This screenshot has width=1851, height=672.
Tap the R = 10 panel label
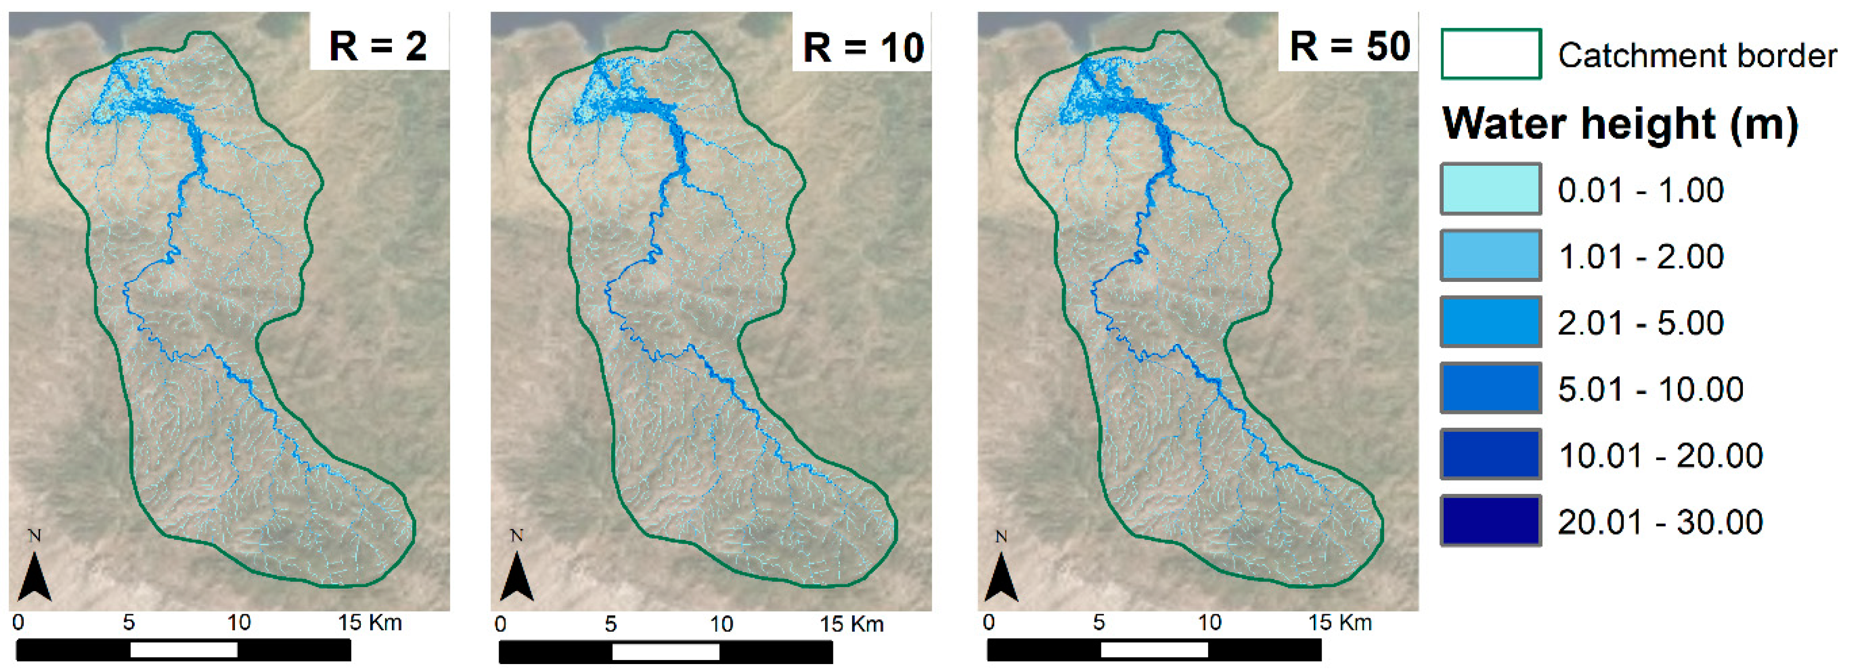(862, 48)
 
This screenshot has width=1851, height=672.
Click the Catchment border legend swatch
(1490, 54)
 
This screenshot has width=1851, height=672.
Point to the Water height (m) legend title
(1620, 124)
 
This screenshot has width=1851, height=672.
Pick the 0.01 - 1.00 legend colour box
(1490, 189)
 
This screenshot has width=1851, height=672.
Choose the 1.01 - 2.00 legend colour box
(1490, 255)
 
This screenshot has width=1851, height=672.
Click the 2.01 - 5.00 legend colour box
(1490, 321)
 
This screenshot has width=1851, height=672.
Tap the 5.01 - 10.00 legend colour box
(1490, 388)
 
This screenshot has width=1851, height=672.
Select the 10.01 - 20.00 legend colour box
(1490, 454)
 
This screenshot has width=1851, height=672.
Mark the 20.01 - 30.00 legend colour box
(1490, 520)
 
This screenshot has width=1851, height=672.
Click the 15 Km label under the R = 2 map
(369, 622)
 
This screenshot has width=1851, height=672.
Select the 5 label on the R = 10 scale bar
(610, 624)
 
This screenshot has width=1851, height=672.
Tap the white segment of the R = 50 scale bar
(1153, 650)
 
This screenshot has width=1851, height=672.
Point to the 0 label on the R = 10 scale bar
(501, 624)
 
